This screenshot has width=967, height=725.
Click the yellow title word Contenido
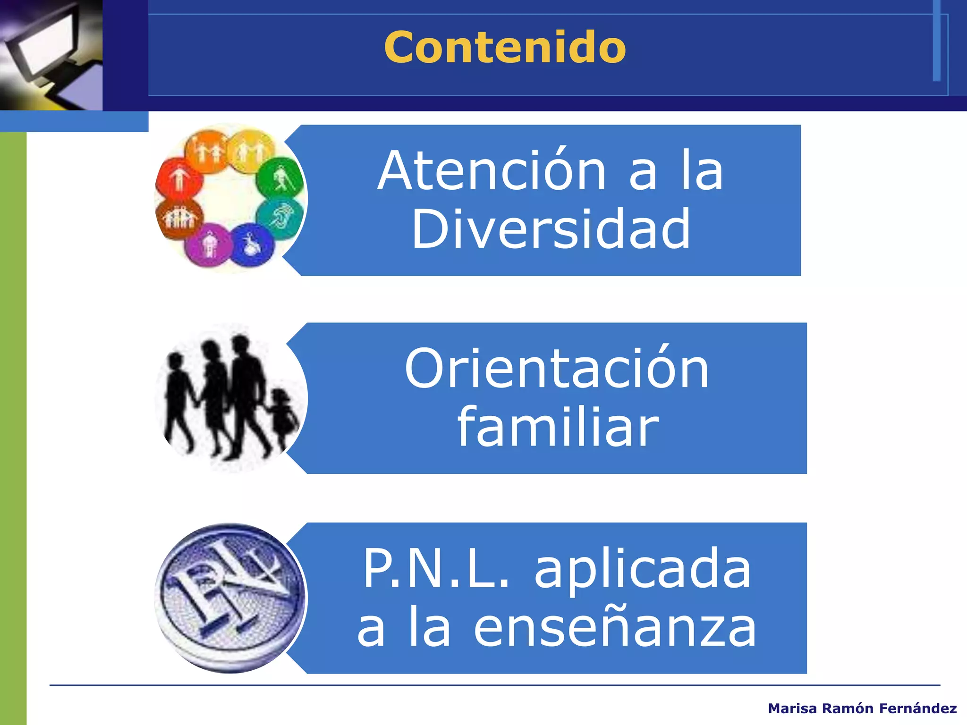(x=505, y=47)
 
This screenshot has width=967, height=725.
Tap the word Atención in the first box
(x=492, y=171)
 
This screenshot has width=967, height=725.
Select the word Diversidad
(x=551, y=229)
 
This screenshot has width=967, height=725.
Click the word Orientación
(x=557, y=369)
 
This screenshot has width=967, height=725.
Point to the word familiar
(x=558, y=428)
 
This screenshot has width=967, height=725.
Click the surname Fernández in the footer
(x=918, y=708)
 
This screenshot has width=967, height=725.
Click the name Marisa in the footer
(x=792, y=708)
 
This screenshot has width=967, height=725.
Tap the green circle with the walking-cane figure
(x=280, y=178)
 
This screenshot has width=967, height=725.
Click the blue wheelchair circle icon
(x=253, y=244)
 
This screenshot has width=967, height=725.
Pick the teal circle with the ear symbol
(x=281, y=217)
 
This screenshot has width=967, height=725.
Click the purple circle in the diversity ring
(x=208, y=244)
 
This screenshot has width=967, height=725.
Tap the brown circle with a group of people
(x=178, y=218)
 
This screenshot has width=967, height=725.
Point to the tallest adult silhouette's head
(x=240, y=343)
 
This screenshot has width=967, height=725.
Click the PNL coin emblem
(x=230, y=598)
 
